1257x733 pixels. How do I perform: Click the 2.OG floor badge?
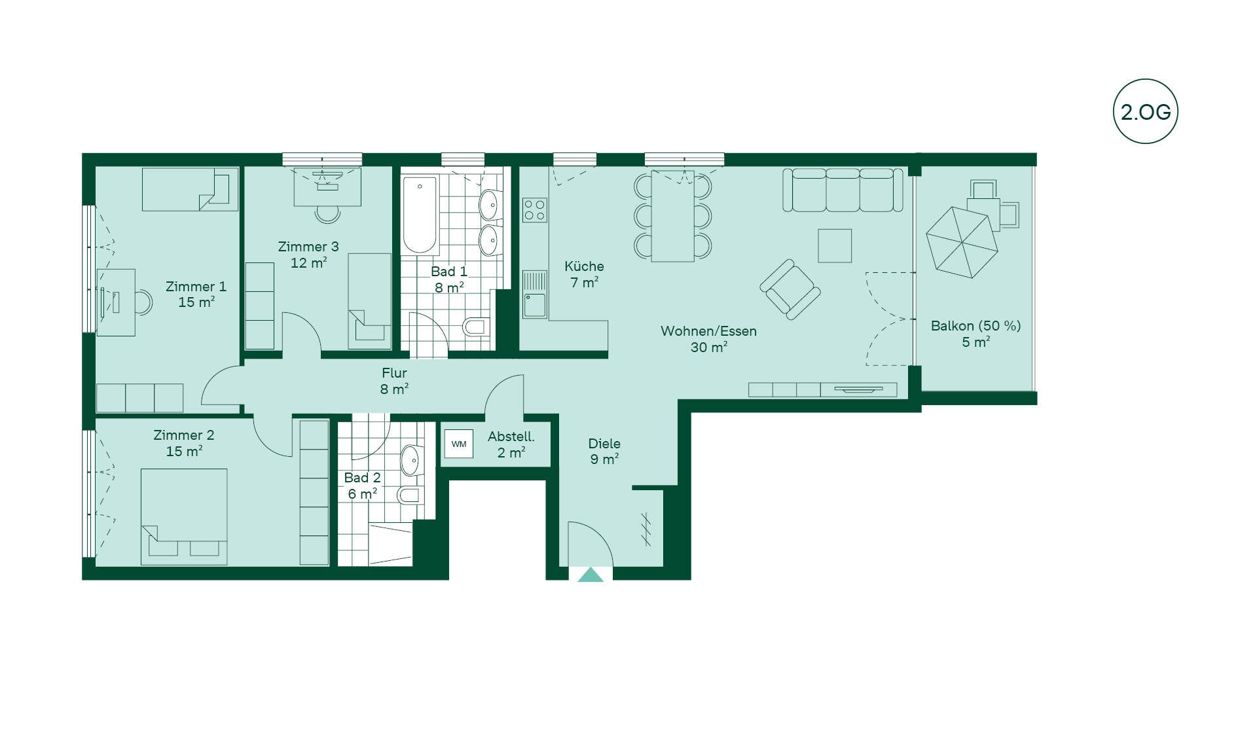tap(1145, 111)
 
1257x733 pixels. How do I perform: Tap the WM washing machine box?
tap(459, 444)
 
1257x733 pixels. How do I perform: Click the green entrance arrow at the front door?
tap(591, 575)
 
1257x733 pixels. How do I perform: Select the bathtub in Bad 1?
tap(420, 215)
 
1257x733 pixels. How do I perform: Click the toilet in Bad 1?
tap(475, 326)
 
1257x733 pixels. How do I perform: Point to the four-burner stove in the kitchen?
tap(535, 210)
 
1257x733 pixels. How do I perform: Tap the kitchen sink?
tap(535, 295)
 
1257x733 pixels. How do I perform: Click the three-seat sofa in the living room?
tap(843, 190)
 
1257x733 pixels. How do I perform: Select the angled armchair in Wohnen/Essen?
tap(790, 289)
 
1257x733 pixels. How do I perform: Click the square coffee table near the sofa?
tap(835, 245)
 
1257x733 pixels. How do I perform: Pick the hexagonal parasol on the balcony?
tap(962, 242)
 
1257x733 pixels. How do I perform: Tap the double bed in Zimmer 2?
tap(184, 516)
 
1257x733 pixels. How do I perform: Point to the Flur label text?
tap(394, 373)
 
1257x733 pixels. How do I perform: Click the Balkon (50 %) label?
tap(975, 326)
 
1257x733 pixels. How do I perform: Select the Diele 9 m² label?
tap(604, 452)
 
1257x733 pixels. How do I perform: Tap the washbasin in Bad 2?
tap(410, 460)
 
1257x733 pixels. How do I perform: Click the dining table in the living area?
tap(672, 216)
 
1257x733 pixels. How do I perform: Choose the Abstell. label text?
tap(511, 437)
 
